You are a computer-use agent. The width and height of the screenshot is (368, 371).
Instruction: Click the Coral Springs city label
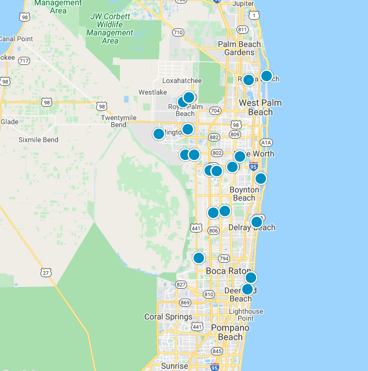[x=168, y=317]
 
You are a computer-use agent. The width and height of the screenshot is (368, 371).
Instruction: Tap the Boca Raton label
[x=227, y=271]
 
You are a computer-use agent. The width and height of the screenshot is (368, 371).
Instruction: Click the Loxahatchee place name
[x=182, y=81]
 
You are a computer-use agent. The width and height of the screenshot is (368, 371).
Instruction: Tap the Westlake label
[x=152, y=92]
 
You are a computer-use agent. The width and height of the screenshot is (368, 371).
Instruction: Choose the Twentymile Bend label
[x=122, y=121]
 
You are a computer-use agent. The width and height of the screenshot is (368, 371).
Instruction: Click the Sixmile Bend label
[x=38, y=140]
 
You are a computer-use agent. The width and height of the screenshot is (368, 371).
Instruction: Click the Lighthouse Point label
[x=245, y=315]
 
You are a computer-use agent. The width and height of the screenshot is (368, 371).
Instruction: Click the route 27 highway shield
[x=46, y=272]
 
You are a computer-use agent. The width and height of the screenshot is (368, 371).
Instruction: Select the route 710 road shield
[x=178, y=32]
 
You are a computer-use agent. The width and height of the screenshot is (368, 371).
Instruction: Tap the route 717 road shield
[x=24, y=60]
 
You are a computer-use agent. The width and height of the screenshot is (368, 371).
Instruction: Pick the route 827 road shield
[x=181, y=285]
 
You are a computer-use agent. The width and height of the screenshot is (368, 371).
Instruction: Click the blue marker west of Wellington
[x=159, y=134]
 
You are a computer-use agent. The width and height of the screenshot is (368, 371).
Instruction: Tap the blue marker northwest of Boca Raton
[x=199, y=258]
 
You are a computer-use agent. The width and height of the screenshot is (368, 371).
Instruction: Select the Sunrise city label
[x=174, y=366]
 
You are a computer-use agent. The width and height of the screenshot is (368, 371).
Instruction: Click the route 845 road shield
[x=217, y=351]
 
